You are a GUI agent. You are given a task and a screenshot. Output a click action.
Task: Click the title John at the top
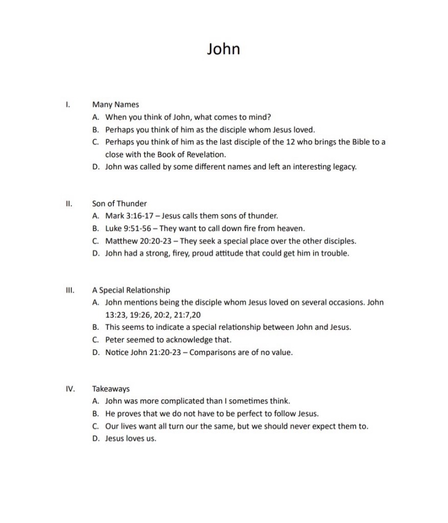[223, 49]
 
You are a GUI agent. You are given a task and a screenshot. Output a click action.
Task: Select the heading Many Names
[115, 105]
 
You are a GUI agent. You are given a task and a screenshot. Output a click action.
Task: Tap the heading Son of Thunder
[120, 203]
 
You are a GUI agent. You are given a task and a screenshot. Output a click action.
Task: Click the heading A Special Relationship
[131, 290]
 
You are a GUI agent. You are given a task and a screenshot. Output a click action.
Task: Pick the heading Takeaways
[111, 389]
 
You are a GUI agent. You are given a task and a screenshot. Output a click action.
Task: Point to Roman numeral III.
[70, 290]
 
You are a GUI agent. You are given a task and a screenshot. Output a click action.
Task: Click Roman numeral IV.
[70, 389]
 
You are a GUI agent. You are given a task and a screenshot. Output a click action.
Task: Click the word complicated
[186, 401]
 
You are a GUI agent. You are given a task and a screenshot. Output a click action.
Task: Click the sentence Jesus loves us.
[131, 438]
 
